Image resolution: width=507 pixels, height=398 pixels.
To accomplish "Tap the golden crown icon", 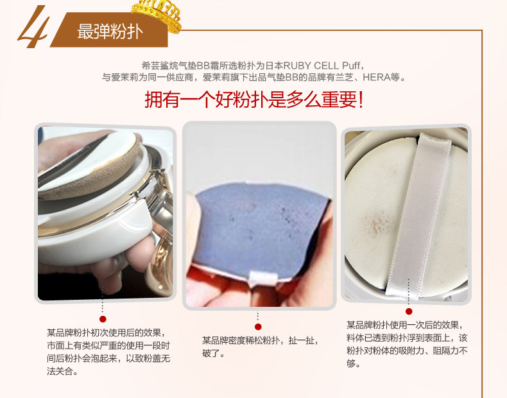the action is coord(157,15).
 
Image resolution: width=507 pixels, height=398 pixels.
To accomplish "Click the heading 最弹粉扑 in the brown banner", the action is coord(110,31).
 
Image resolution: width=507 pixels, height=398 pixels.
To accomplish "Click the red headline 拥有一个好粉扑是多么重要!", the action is coord(254,99).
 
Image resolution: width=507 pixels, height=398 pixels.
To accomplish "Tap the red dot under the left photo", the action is coord(103,319).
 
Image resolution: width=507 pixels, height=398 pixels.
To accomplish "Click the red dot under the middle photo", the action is coord(258,327).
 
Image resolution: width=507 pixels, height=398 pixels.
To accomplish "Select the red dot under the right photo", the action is coord(409,311).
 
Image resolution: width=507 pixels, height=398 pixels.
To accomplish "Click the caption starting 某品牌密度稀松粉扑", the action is coord(260,347).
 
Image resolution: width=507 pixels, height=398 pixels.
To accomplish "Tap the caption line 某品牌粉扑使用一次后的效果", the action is coord(405,325).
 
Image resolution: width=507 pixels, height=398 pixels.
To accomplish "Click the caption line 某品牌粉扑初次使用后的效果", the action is coord(106,333).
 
